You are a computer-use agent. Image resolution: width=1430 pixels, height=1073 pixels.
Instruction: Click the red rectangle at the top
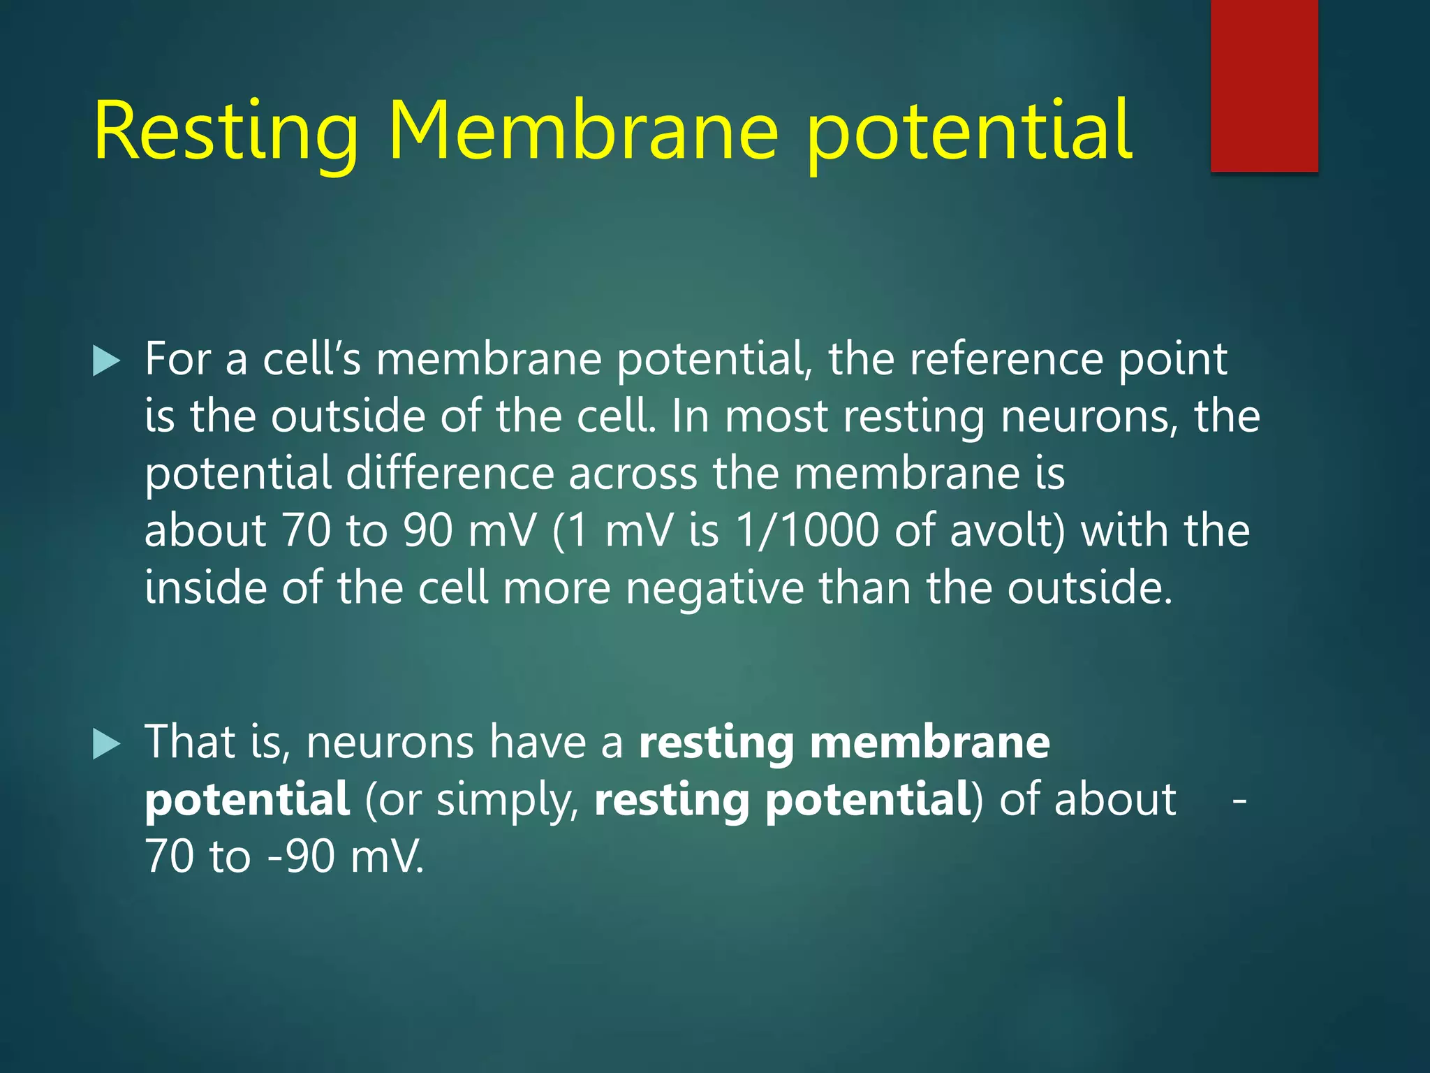(1264, 85)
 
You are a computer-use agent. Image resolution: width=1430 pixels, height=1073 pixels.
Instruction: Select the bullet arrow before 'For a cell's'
(106, 361)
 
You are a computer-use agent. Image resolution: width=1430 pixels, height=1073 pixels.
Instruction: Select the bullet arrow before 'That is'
(106, 744)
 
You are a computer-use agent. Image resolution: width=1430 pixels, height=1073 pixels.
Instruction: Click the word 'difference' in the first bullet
(450, 474)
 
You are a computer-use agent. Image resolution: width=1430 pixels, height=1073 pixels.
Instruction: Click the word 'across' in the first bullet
(633, 474)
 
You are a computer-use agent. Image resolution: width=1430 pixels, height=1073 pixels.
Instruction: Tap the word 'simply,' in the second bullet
(508, 799)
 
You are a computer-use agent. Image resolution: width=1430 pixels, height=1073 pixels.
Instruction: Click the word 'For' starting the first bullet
(177, 359)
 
